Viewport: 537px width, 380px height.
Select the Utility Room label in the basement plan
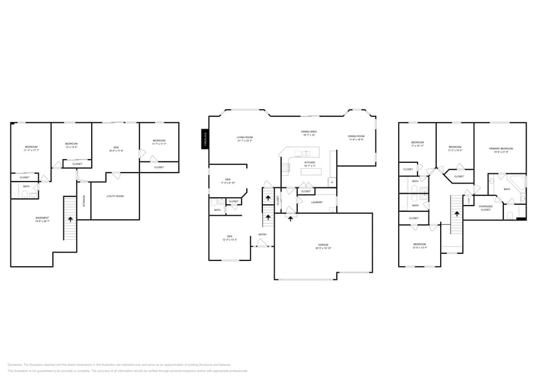tap(115, 196)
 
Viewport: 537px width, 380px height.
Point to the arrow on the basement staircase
tap(70, 219)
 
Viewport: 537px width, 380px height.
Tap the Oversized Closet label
tap(485, 208)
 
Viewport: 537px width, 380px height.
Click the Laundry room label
tap(317, 202)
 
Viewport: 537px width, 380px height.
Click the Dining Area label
tap(308, 133)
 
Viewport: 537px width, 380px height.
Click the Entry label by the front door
tap(263, 234)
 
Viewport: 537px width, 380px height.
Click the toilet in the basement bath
tap(34, 193)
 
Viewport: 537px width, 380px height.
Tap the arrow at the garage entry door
tap(290, 218)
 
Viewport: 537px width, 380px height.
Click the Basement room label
tap(42, 219)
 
